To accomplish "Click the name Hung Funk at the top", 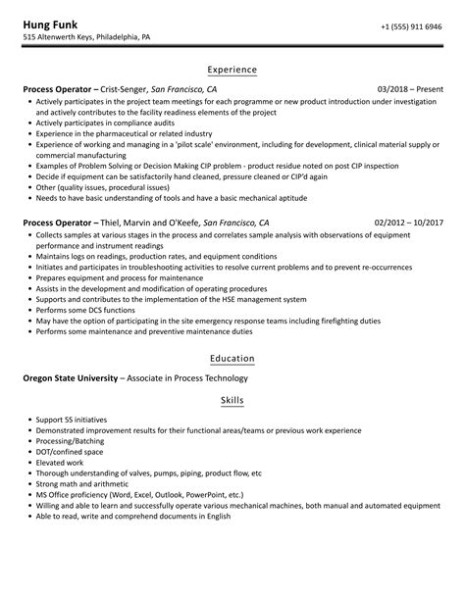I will tap(53, 24).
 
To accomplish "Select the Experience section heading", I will tap(232, 70).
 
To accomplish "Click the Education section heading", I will tap(232, 359).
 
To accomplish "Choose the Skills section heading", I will tap(232, 400).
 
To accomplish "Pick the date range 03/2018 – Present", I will tap(409, 89).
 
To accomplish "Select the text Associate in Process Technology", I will tap(186, 378).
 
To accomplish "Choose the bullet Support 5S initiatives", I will tap(71, 419).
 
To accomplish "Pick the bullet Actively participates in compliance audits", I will tap(108, 124).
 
